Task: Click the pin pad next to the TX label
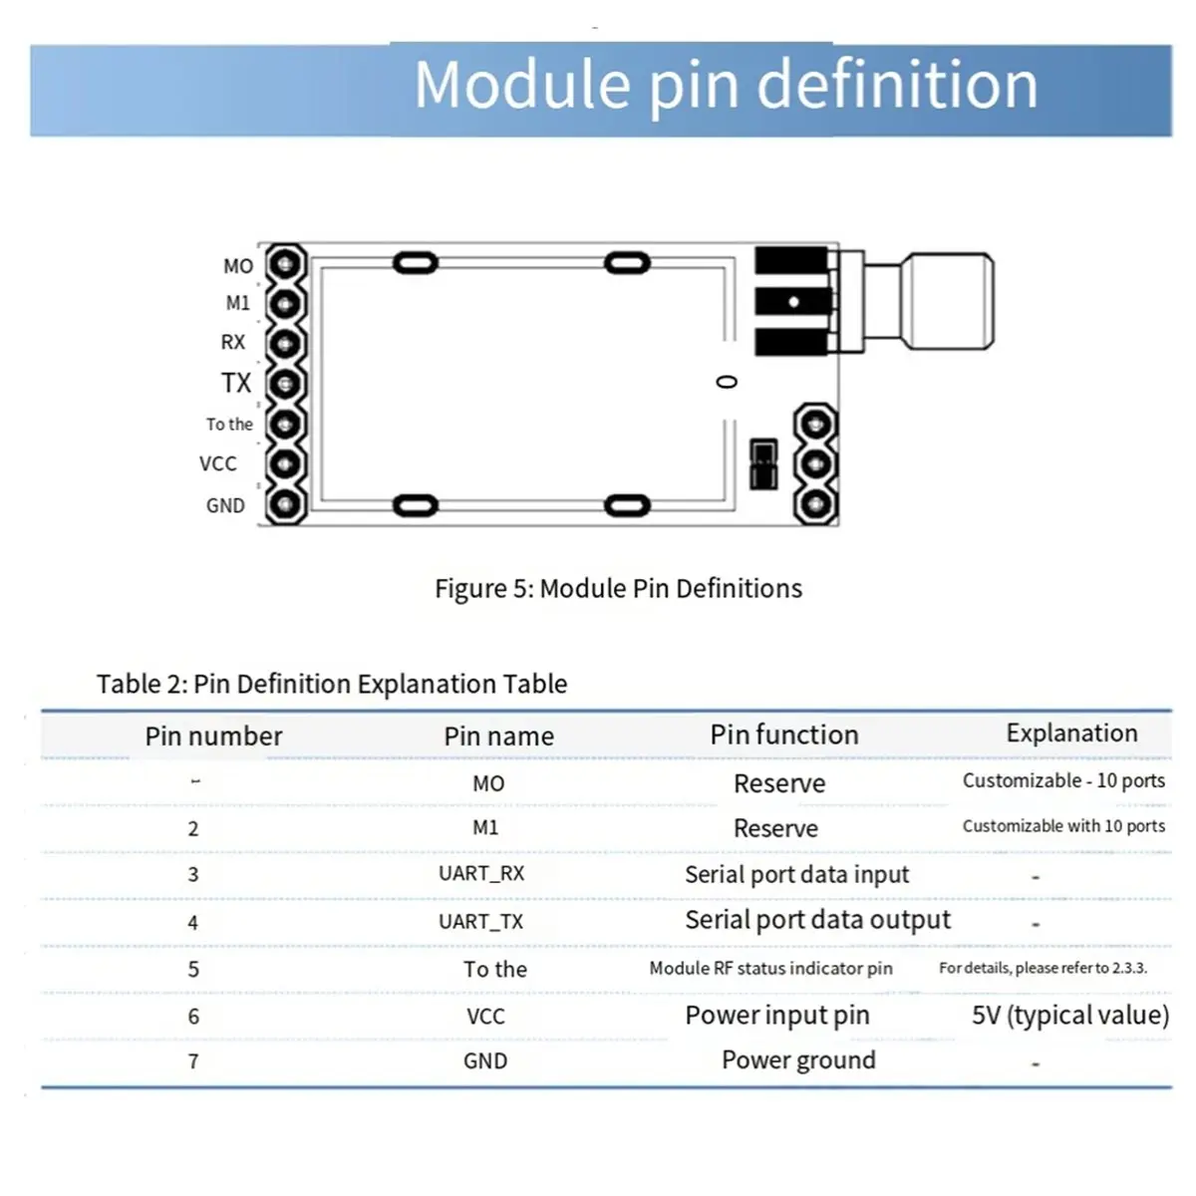coord(285,384)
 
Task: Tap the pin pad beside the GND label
coord(285,505)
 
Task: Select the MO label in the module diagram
coord(237,266)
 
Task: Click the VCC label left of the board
coord(218,463)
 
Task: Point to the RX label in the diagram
coord(232,342)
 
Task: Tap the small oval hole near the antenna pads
coord(728,382)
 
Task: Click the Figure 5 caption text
coord(618,588)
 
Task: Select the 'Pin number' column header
coord(213,736)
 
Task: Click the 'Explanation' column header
coord(1071,733)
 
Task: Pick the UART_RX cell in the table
coord(481,873)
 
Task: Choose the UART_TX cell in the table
coord(481,921)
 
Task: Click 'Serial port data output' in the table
coord(817,919)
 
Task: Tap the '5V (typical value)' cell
coord(1070,1015)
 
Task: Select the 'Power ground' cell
coord(798,1059)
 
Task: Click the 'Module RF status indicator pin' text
coord(770,968)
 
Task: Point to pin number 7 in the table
coord(193,1061)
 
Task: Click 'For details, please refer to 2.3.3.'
coord(1043,968)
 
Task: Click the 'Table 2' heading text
coord(331,684)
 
